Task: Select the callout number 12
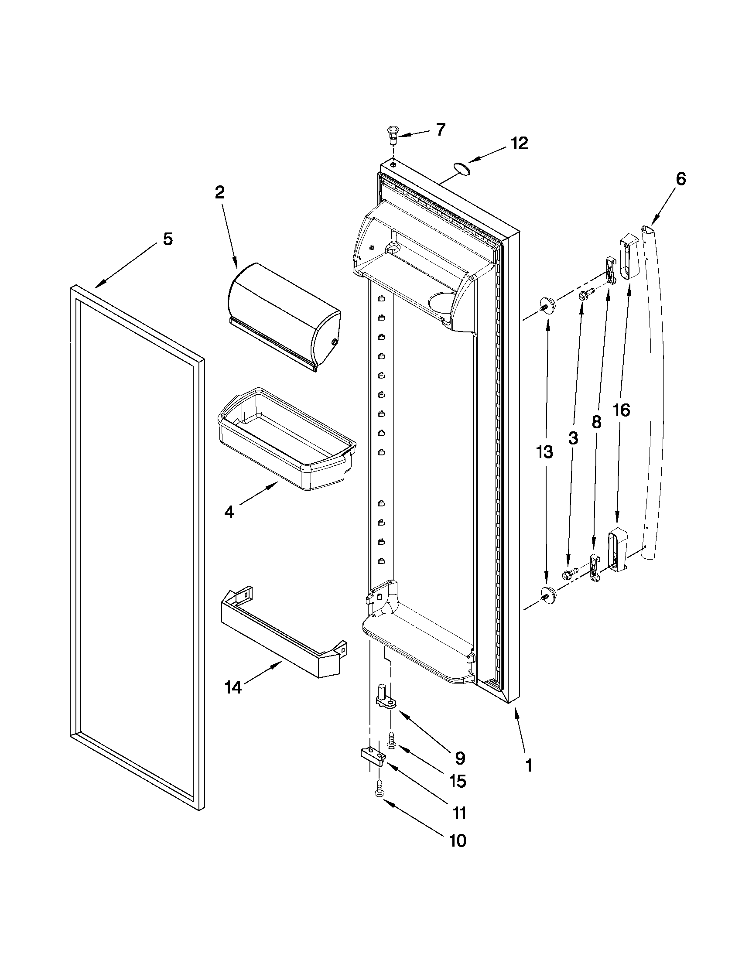(519, 143)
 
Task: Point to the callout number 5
(168, 239)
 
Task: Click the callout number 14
(233, 687)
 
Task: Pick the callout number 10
(457, 840)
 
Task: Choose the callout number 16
(621, 410)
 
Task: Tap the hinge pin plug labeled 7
(392, 132)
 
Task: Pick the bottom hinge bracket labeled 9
(386, 699)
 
